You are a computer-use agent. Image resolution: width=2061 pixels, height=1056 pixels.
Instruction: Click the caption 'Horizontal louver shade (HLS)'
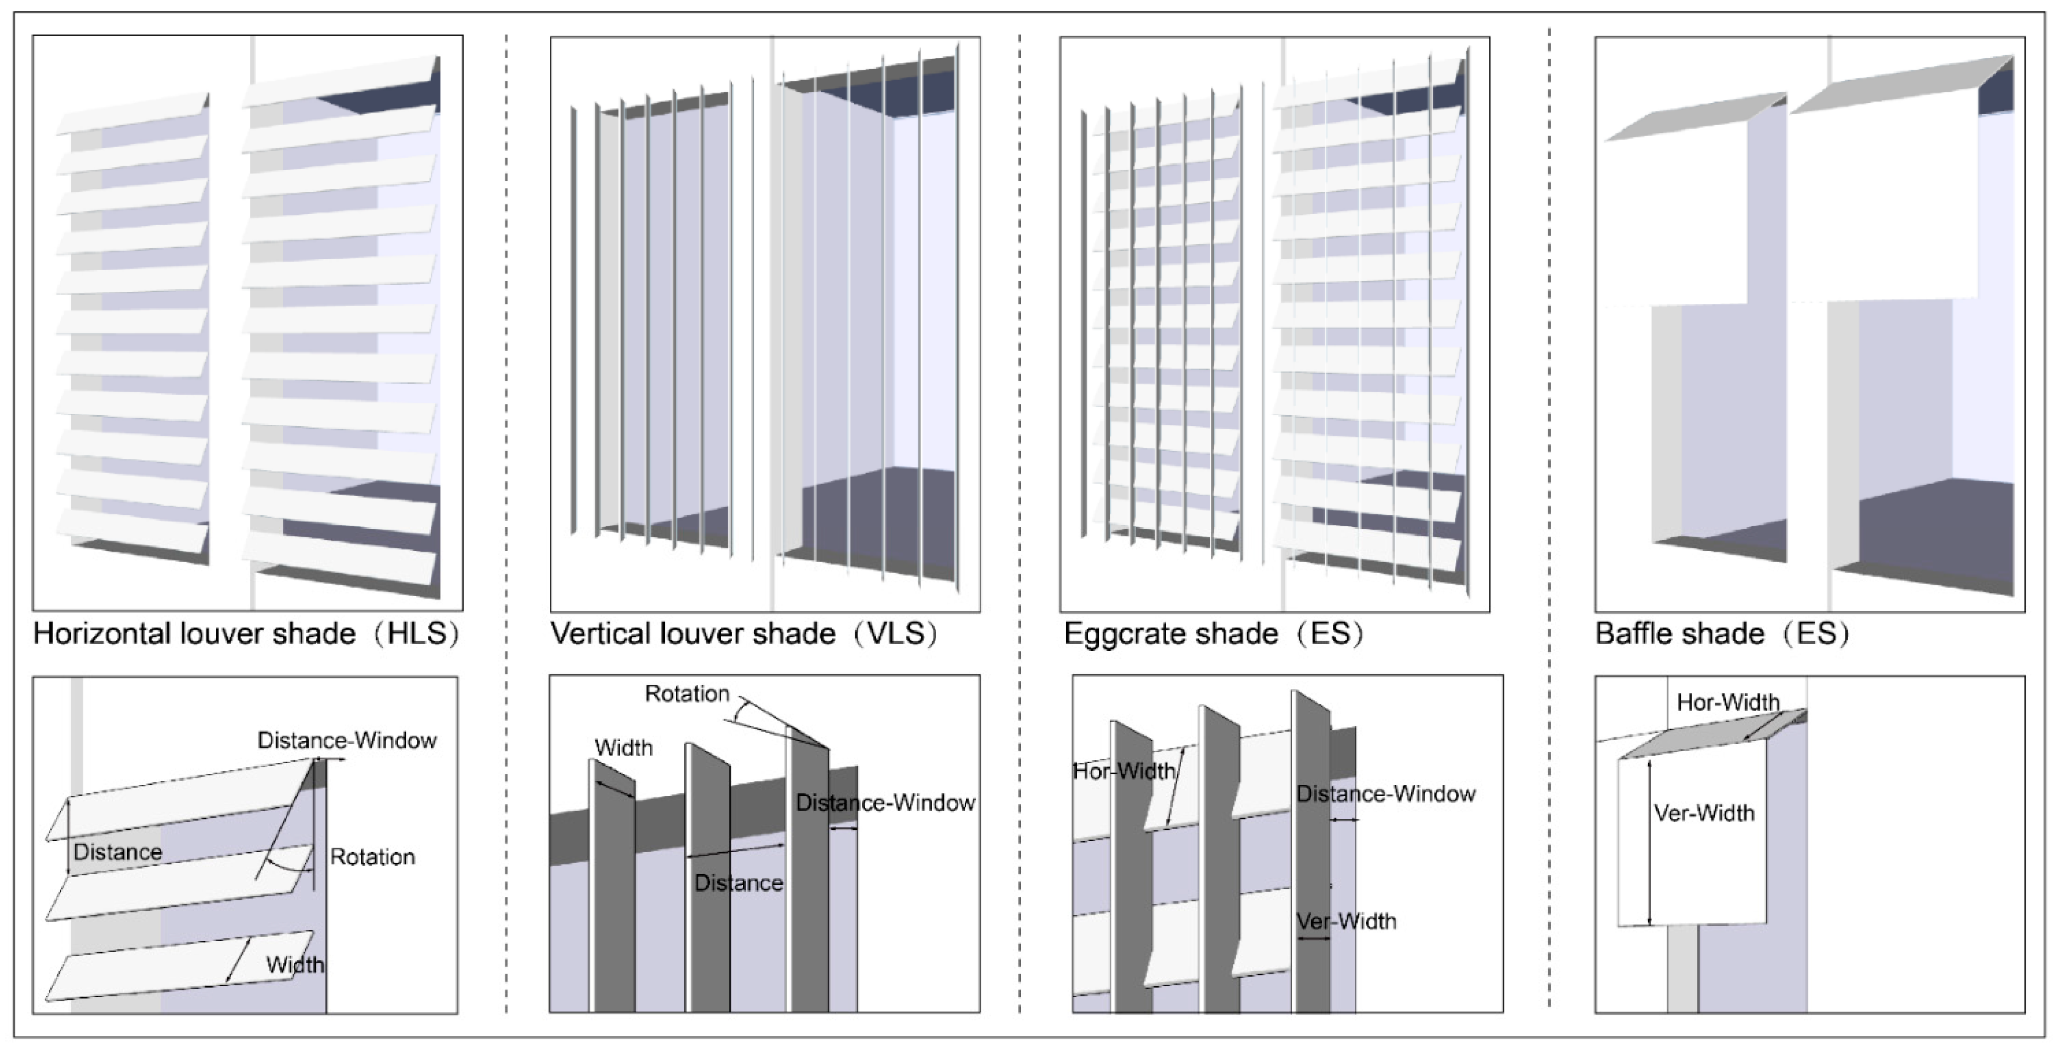tap(246, 634)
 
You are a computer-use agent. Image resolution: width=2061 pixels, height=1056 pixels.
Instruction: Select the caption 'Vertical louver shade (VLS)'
tap(743, 634)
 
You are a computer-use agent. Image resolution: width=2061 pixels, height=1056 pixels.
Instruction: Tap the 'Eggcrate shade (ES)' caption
tap(1213, 634)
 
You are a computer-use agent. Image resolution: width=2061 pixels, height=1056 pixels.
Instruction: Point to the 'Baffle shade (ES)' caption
tap(1722, 634)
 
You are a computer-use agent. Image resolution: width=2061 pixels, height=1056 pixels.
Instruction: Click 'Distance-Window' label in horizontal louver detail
tap(347, 740)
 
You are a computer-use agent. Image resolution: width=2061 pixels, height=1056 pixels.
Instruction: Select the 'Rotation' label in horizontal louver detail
tap(372, 857)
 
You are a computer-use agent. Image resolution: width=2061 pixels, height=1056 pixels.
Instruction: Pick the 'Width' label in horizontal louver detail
tap(294, 965)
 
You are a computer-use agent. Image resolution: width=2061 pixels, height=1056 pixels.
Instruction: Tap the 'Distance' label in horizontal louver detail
tap(118, 852)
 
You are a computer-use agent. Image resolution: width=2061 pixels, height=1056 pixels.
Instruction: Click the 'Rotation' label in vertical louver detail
tap(686, 693)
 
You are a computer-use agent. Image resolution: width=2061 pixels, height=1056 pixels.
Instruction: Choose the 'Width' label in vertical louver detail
tap(623, 748)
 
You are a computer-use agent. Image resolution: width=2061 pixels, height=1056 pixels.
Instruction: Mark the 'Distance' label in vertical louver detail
tap(738, 883)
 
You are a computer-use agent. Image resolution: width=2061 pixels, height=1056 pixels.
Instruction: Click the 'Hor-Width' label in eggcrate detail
tap(1123, 771)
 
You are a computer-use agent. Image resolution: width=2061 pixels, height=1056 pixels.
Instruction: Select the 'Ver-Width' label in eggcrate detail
tap(1346, 921)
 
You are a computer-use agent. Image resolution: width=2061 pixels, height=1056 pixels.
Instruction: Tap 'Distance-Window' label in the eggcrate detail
tap(1386, 793)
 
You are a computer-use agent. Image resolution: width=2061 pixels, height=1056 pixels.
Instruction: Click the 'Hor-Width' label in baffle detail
tap(1728, 702)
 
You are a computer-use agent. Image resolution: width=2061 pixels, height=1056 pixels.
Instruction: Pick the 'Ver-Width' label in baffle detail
tap(1704, 813)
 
